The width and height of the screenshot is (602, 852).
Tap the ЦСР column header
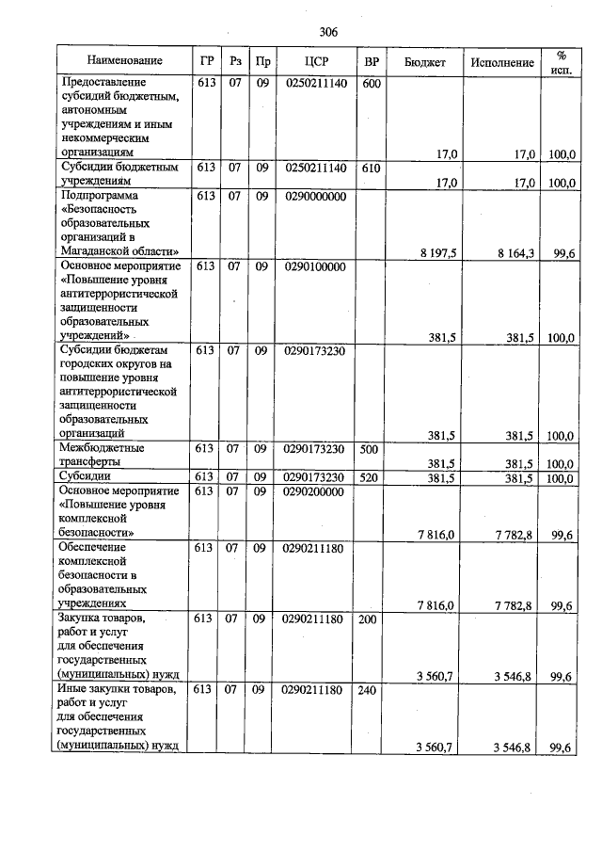pos(315,61)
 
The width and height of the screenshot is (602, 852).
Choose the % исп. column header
pos(562,61)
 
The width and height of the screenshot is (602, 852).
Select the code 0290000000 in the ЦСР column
pos(314,196)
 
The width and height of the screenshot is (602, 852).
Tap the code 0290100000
pos(314,267)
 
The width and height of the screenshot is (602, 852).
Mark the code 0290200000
pos(314,491)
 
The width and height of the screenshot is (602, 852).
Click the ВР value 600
pos(372,84)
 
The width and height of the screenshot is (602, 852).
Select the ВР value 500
pos(372,449)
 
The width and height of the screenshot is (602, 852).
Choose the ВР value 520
pos(372,477)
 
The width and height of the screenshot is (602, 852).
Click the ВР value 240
pos(372,690)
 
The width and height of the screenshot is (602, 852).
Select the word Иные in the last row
pos(73,690)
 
